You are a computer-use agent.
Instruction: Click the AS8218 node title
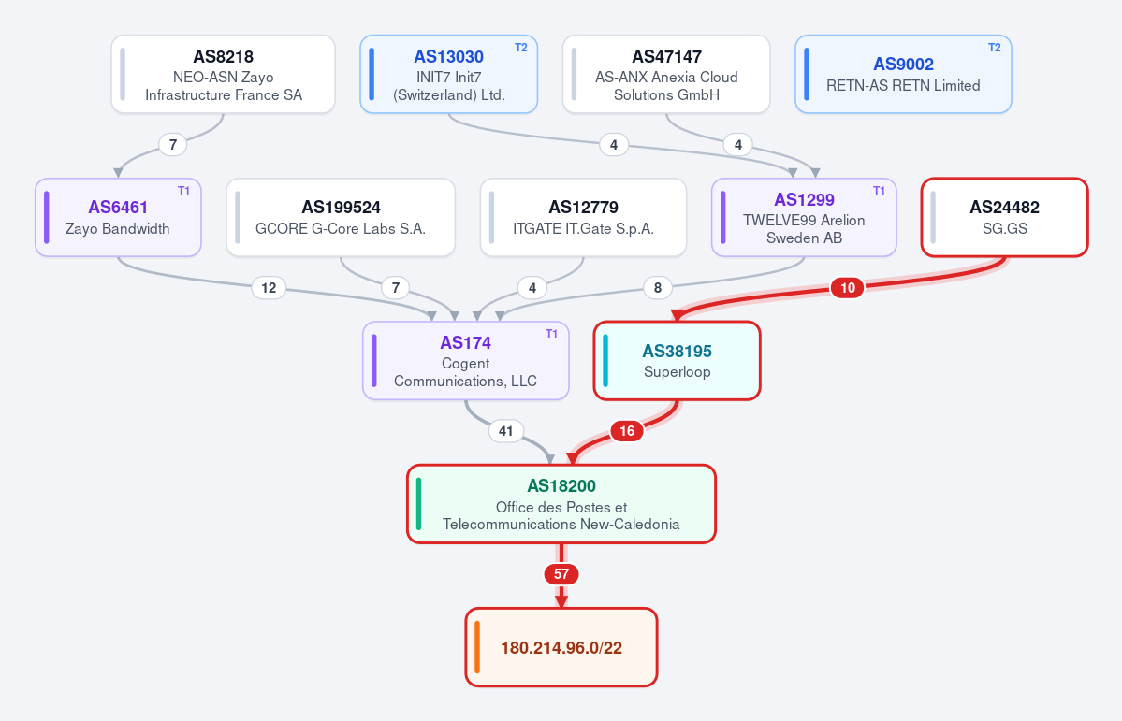coord(224,56)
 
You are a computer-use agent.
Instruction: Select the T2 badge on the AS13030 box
coord(521,47)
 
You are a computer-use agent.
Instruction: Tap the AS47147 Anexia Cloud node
coord(666,75)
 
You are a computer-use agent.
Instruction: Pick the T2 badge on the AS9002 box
coord(995,47)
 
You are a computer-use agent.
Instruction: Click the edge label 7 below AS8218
coord(172,145)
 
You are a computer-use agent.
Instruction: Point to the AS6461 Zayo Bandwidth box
coord(118,218)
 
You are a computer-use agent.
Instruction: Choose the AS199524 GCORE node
coord(341,218)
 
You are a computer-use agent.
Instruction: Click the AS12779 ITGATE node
coord(583,218)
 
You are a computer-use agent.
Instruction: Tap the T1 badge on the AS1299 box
coord(879,190)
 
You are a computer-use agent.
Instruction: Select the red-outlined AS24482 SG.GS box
coord(1005,218)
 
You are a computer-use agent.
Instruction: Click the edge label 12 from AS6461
coord(269,287)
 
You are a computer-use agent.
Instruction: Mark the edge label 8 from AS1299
coord(658,287)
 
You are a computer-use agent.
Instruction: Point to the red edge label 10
coord(847,287)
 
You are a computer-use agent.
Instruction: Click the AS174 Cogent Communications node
coord(466,361)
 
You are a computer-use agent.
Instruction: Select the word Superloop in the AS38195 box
coord(677,372)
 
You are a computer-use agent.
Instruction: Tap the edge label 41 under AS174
coord(506,430)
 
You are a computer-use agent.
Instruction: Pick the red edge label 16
coord(627,430)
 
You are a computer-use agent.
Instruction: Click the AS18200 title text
coord(561,485)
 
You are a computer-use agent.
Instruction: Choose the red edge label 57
coord(561,573)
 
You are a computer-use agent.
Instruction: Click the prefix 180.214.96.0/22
coord(561,647)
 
